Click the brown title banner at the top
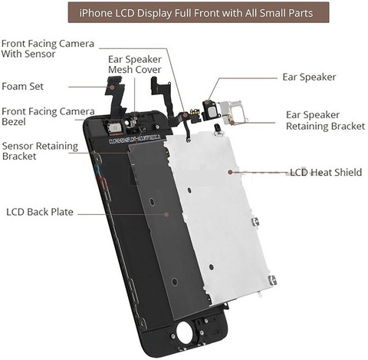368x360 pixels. [x=199, y=12]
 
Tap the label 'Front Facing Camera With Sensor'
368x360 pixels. [x=48, y=48]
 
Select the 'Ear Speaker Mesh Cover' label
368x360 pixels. [x=135, y=64]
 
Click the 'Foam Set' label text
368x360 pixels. [x=22, y=86]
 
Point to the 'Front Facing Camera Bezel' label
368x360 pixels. [x=48, y=117]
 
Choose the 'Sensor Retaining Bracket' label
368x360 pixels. [x=40, y=151]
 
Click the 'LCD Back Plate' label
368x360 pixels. [x=40, y=212]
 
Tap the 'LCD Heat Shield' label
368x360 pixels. [x=326, y=172]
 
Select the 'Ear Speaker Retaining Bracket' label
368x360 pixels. [x=325, y=121]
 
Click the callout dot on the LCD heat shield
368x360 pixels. [x=230, y=172]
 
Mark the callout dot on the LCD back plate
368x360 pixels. [x=166, y=214]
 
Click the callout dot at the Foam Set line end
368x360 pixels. [x=112, y=87]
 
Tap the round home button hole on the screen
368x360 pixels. [x=184, y=332]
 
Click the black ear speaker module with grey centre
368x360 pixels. [x=212, y=110]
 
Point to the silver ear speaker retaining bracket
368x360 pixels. [x=233, y=112]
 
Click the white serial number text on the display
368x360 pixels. [x=135, y=138]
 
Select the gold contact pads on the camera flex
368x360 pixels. [x=195, y=112]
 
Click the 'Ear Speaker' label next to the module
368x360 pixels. [x=309, y=78]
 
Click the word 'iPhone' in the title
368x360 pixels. [x=96, y=13]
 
